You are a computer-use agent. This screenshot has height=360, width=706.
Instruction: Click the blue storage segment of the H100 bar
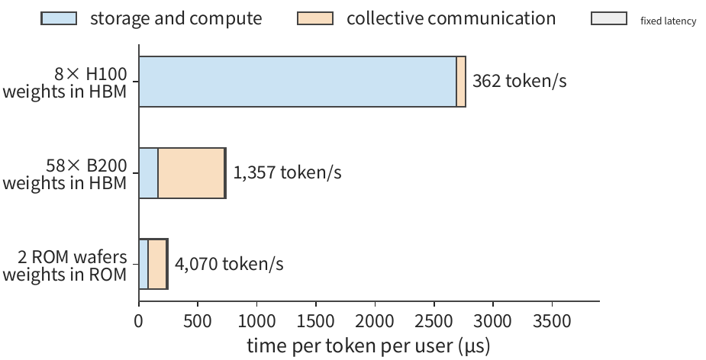pyautogui.click(x=298, y=82)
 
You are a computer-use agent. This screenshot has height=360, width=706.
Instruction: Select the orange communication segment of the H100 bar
pyautogui.click(x=461, y=82)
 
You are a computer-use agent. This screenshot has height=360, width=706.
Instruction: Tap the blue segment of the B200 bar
pyautogui.click(x=148, y=173)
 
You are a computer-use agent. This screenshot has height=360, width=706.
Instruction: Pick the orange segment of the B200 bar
pyautogui.click(x=191, y=173)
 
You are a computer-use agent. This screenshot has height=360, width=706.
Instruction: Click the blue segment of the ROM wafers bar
pyautogui.click(x=143, y=264)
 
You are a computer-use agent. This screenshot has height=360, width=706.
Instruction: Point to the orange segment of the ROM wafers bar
pyautogui.click(x=157, y=264)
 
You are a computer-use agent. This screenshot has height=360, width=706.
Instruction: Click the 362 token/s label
pyautogui.click(x=519, y=81)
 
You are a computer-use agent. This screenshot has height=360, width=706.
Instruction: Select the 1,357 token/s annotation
pyautogui.click(x=287, y=172)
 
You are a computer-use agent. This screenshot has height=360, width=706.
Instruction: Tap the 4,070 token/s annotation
pyautogui.click(x=229, y=264)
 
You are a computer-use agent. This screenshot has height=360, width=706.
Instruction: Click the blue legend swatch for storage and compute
pyautogui.click(x=59, y=18)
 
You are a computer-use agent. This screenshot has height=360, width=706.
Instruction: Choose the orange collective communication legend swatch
pyautogui.click(x=315, y=18)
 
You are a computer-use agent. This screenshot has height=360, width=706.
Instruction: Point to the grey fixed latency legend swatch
pyautogui.click(x=609, y=18)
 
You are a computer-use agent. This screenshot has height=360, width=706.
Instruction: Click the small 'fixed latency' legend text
pyautogui.click(x=668, y=21)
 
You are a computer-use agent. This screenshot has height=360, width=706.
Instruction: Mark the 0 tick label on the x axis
pyautogui.click(x=139, y=321)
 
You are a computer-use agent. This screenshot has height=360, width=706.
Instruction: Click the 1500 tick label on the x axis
pyautogui.click(x=316, y=321)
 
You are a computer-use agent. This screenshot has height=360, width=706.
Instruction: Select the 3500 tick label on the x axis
pyautogui.click(x=552, y=321)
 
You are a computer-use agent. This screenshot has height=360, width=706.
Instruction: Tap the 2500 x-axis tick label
pyautogui.click(x=434, y=321)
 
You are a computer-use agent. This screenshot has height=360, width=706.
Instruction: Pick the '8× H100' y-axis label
pyautogui.click(x=91, y=74)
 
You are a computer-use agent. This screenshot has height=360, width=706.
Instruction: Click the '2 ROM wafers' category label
pyautogui.click(x=73, y=257)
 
